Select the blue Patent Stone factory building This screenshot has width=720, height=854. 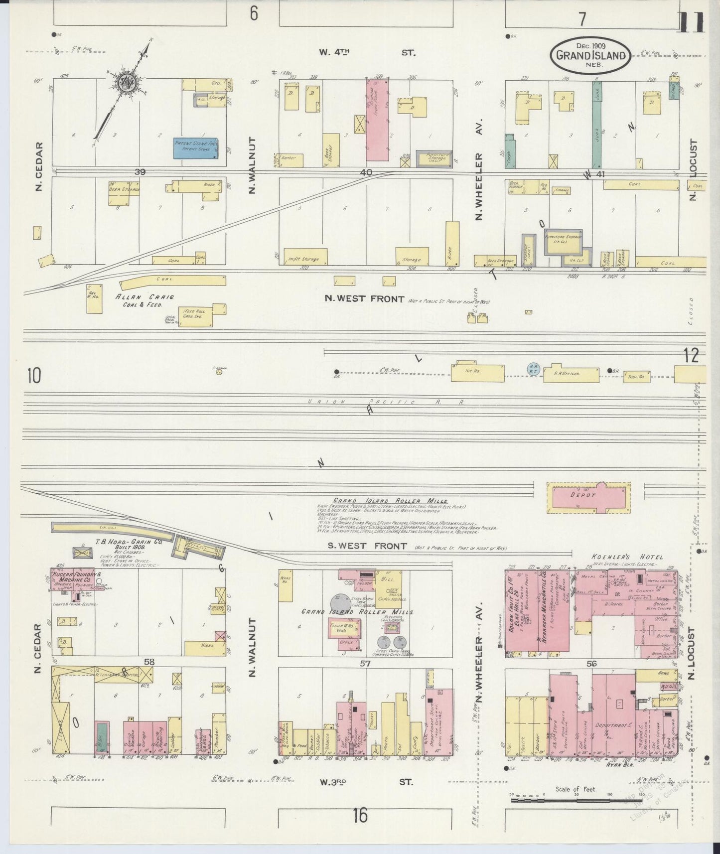[x=196, y=148]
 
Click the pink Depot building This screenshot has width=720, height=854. [x=588, y=496]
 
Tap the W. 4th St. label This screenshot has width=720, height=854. [x=366, y=52]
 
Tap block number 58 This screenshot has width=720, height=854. [x=148, y=662]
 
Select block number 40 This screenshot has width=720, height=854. [x=367, y=172]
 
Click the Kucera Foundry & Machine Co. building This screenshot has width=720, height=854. [x=75, y=579]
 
